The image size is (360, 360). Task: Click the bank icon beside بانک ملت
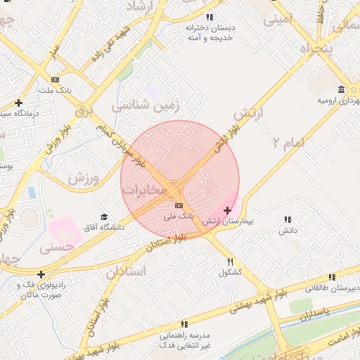click(56, 79)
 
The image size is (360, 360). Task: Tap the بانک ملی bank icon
click(178, 205)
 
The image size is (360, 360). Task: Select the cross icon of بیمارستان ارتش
click(227, 210)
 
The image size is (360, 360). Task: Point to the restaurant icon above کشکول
click(230, 261)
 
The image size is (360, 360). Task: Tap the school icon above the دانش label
click(287, 220)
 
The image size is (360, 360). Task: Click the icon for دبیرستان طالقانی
click(332, 277)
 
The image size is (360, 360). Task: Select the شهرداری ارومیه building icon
click(341, 90)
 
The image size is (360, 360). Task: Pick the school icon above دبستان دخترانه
click(209, 17)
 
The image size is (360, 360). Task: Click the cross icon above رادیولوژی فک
click(41, 274)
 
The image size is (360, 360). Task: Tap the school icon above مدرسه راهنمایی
click(184, 324)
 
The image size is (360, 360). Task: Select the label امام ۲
click(289, 143)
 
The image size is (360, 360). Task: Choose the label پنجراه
click(316, 49)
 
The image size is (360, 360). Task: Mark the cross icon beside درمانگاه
click(18, 102)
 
